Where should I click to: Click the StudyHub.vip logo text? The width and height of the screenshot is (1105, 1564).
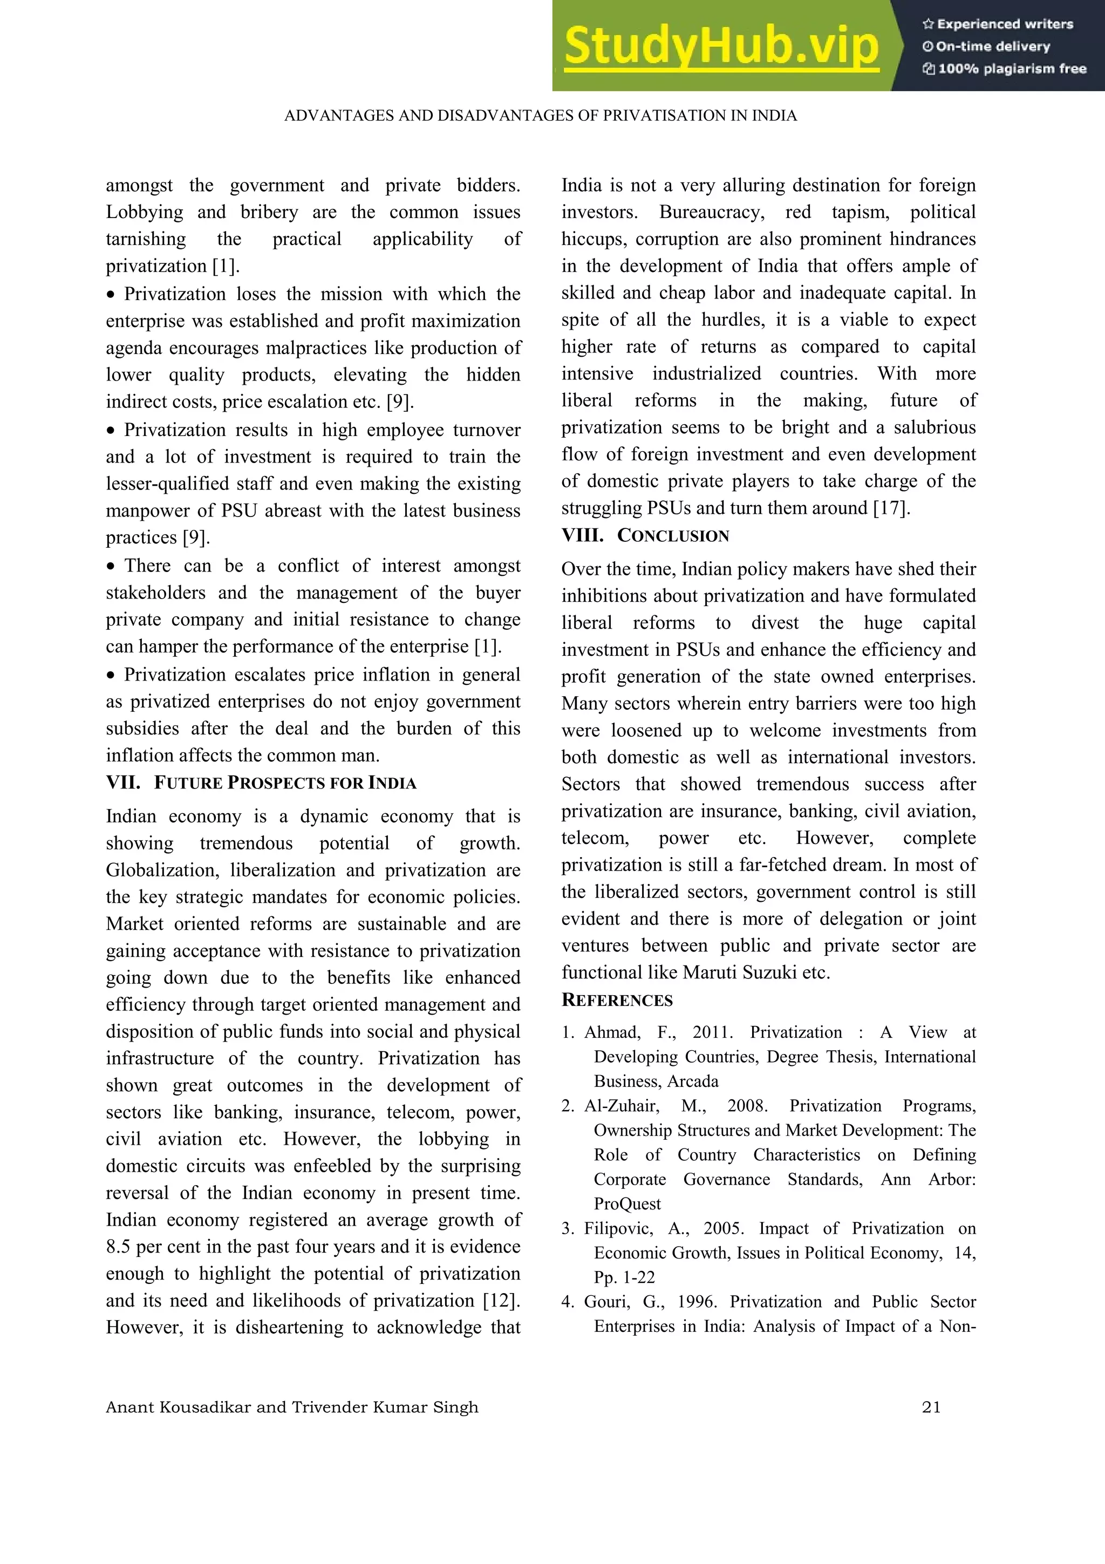point(720,46)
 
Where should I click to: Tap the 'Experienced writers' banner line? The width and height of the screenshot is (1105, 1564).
point(998,24)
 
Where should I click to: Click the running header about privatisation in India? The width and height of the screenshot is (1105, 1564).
point(540,116)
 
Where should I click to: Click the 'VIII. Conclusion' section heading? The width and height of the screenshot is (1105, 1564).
point(645,535)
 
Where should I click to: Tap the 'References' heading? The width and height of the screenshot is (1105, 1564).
point(617,1000)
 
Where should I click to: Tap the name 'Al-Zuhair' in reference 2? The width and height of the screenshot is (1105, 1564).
point(621,1106)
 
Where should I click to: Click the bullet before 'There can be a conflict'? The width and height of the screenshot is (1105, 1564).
point(111,567)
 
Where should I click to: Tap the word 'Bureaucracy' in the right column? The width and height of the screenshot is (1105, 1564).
point(711,213)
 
